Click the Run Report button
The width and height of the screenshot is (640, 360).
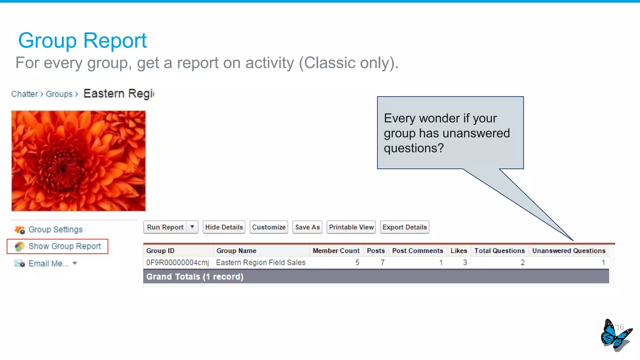pos(165,227)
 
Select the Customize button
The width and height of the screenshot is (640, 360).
pos(269,227)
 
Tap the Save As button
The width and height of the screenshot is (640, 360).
pos(307,227)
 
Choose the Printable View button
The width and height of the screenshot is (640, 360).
pos(351,227)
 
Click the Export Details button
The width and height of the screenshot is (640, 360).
pos(404,227)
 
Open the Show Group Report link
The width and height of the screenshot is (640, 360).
pos(64,246)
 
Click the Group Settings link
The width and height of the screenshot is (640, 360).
pos(55,230)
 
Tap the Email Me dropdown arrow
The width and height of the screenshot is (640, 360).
pos(75,263)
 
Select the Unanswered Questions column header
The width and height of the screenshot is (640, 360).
pos(568,251)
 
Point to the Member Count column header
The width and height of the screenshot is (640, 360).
pos(336,251)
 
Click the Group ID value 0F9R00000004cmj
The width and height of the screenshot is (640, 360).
pos(177,262)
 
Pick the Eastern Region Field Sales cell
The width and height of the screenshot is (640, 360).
pos(261,262)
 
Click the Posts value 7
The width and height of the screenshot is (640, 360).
pos(382,262)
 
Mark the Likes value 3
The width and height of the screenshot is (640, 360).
pos(465,262)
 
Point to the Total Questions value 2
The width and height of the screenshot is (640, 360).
pos(522,262)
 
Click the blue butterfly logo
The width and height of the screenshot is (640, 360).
pos(615,335)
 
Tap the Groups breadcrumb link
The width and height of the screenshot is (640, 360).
pos(59,94)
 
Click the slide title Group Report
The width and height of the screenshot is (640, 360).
pos(82,41)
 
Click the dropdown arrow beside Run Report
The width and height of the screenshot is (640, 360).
pos(192,227)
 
